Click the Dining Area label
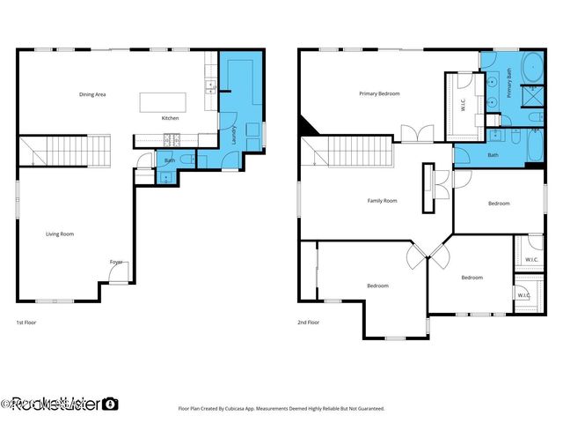point(92,94)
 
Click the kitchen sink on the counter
point(211,86)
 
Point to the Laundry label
point(234,135)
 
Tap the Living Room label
point(60,234)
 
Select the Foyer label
point(115,262)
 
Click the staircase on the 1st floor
point(65,151)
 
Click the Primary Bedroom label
point(379,93)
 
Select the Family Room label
point(382,201)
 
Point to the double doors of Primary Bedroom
point(416,133)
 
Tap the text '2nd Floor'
point(308,323)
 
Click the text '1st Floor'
point(26,323)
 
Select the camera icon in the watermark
point(110,404)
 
